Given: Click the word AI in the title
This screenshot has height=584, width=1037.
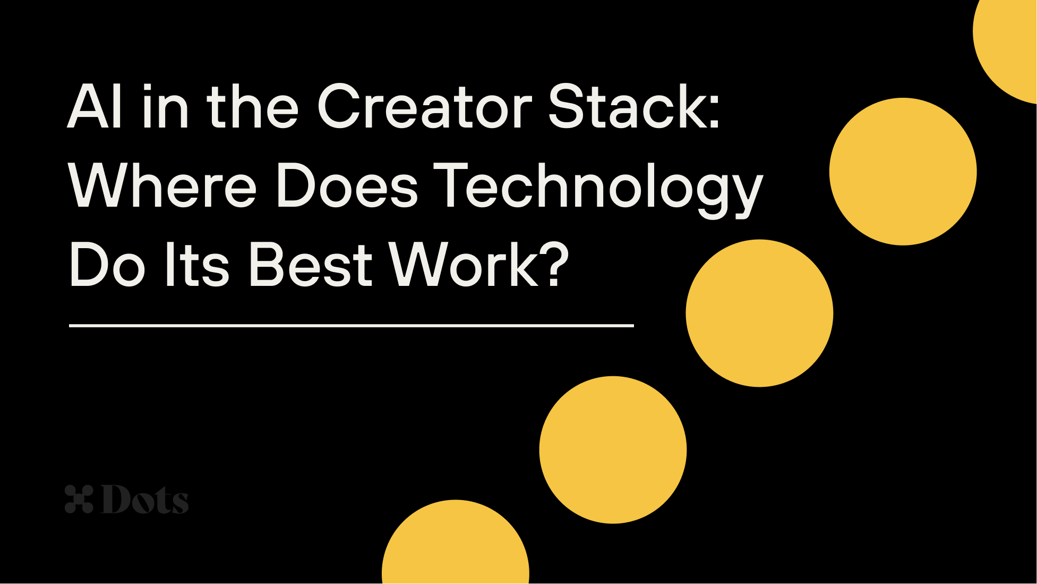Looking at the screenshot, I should (96, 107).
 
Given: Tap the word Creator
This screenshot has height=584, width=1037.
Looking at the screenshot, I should (424, 107).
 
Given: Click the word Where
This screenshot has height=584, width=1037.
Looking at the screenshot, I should (162, 187).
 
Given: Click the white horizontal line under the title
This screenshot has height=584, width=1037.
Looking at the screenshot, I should (351, 325).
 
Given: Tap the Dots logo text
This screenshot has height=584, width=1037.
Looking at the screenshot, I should (144, 500).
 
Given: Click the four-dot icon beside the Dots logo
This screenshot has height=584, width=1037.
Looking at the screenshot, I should (79, 499).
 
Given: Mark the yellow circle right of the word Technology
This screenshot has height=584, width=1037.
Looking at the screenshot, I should (903, 171).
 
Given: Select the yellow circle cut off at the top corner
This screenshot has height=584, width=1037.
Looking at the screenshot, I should (1009, 43).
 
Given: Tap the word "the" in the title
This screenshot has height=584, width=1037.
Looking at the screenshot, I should (252, 107).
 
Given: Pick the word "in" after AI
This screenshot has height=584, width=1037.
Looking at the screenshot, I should (165, 107).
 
